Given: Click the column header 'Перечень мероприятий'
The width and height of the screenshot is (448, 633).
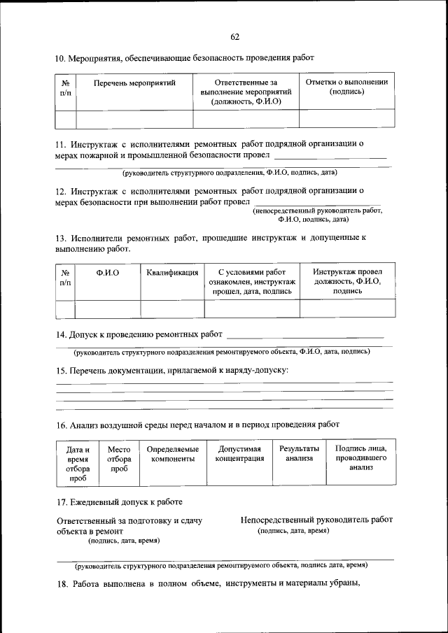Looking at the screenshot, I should point(134,83).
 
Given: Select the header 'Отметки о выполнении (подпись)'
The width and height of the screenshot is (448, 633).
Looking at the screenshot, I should point(346,87).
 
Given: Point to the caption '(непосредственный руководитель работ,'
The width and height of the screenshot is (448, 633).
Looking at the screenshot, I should point(317,210).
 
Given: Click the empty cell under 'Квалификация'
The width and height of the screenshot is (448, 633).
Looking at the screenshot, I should point(172,308).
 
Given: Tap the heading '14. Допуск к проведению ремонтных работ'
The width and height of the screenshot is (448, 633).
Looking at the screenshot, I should point(139,334).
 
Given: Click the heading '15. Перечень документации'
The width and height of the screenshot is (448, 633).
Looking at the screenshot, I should point(171,370).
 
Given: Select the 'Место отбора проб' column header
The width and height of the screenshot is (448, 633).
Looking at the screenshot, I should point(119,459).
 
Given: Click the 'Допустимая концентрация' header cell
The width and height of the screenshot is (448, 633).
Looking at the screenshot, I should point(239,454).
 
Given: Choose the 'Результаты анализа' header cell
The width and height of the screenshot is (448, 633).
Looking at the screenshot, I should point(299,454).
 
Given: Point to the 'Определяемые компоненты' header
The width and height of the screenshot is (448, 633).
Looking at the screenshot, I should point(172,454).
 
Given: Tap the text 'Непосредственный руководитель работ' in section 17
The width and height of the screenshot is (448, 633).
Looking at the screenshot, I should point(316,520).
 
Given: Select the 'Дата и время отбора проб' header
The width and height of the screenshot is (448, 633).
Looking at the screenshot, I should point(78,464).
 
